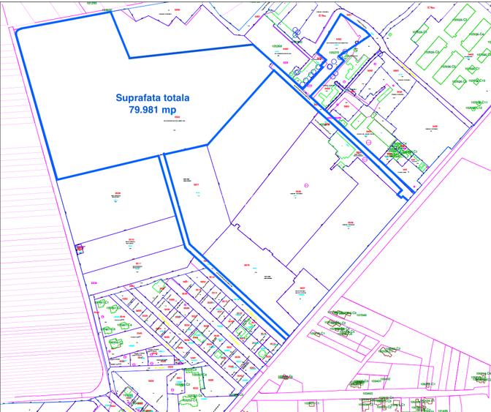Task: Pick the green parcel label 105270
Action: pos(334,53)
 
